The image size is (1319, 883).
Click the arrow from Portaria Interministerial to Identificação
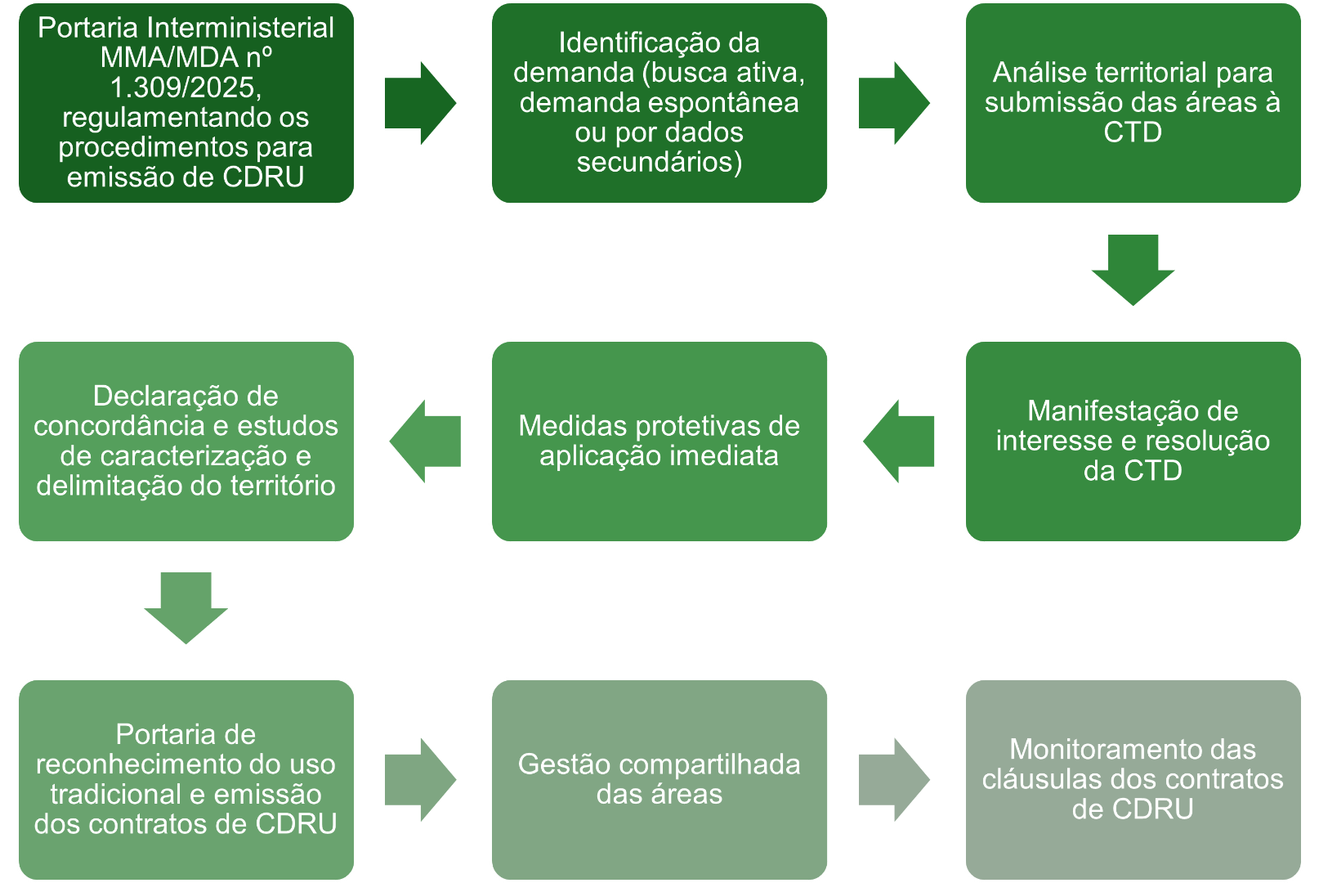tap(419, 103)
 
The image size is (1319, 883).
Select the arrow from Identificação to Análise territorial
tap(893, 103)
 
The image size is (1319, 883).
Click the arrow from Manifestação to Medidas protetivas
tap(900, 441)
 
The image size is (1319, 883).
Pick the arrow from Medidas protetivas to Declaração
tap(426, 441)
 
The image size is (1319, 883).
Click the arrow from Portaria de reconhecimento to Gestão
tap(419, 779)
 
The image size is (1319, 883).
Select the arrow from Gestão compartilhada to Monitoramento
tap(893, 779)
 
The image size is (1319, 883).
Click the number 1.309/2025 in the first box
tap(186, 87)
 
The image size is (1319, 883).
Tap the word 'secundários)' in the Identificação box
tap(659, 162)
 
